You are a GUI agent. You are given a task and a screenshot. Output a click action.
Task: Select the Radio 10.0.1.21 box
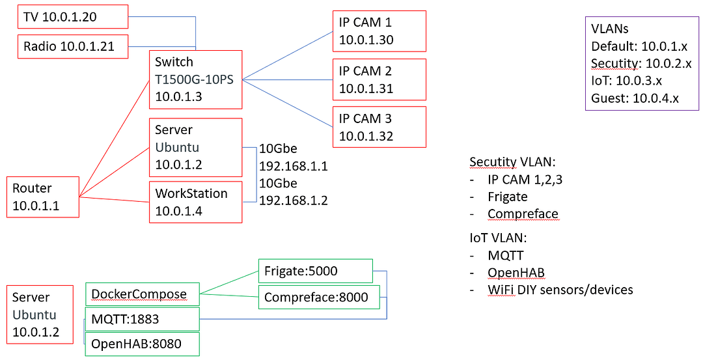pyautogui.click(x=73, y=46)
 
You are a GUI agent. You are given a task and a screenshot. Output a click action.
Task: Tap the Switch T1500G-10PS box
pyautogui.click(x=195, y=79)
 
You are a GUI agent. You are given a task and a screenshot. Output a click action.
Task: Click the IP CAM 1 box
pyautogui.click(x=379, y=31)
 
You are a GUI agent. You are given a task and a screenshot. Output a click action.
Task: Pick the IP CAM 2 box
pyautogui.click(x=379, y=79)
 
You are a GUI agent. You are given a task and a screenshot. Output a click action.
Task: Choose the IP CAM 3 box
pyautogui.click(x=379, y=127)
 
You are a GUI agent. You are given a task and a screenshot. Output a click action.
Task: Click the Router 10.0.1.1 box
pyautogui.click(x=42, y=197)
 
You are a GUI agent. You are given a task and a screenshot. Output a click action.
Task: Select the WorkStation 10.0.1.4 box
pyautogui.click(x=195, y=202)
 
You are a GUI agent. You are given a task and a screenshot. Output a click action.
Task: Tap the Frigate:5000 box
pyautogui.click(x=315, y=271)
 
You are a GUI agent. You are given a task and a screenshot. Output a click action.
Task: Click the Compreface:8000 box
pyautogui.click(x=315, y=298)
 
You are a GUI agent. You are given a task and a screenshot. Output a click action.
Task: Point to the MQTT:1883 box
pyautogui.click(x=142, y=319)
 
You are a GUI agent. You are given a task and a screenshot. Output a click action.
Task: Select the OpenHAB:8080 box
pyautogui.click(x=142, y=344)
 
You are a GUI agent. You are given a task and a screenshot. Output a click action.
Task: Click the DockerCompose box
pyautogui.click(x=142, y=294)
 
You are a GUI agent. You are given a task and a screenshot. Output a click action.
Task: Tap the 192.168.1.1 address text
pyautogui.click(x=293, y=166)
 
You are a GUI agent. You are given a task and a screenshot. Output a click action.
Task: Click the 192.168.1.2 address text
pyautogui.click(x=293, y=201)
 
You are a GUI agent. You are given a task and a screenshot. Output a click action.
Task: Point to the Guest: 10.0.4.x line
pyautogui.click(x=635, y=98)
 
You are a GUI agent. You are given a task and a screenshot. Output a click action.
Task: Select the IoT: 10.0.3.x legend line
pyautogui.click(x=625, y=81)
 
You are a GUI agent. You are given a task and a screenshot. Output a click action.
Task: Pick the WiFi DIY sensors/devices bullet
pyautogui.click(x=560, y=290)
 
